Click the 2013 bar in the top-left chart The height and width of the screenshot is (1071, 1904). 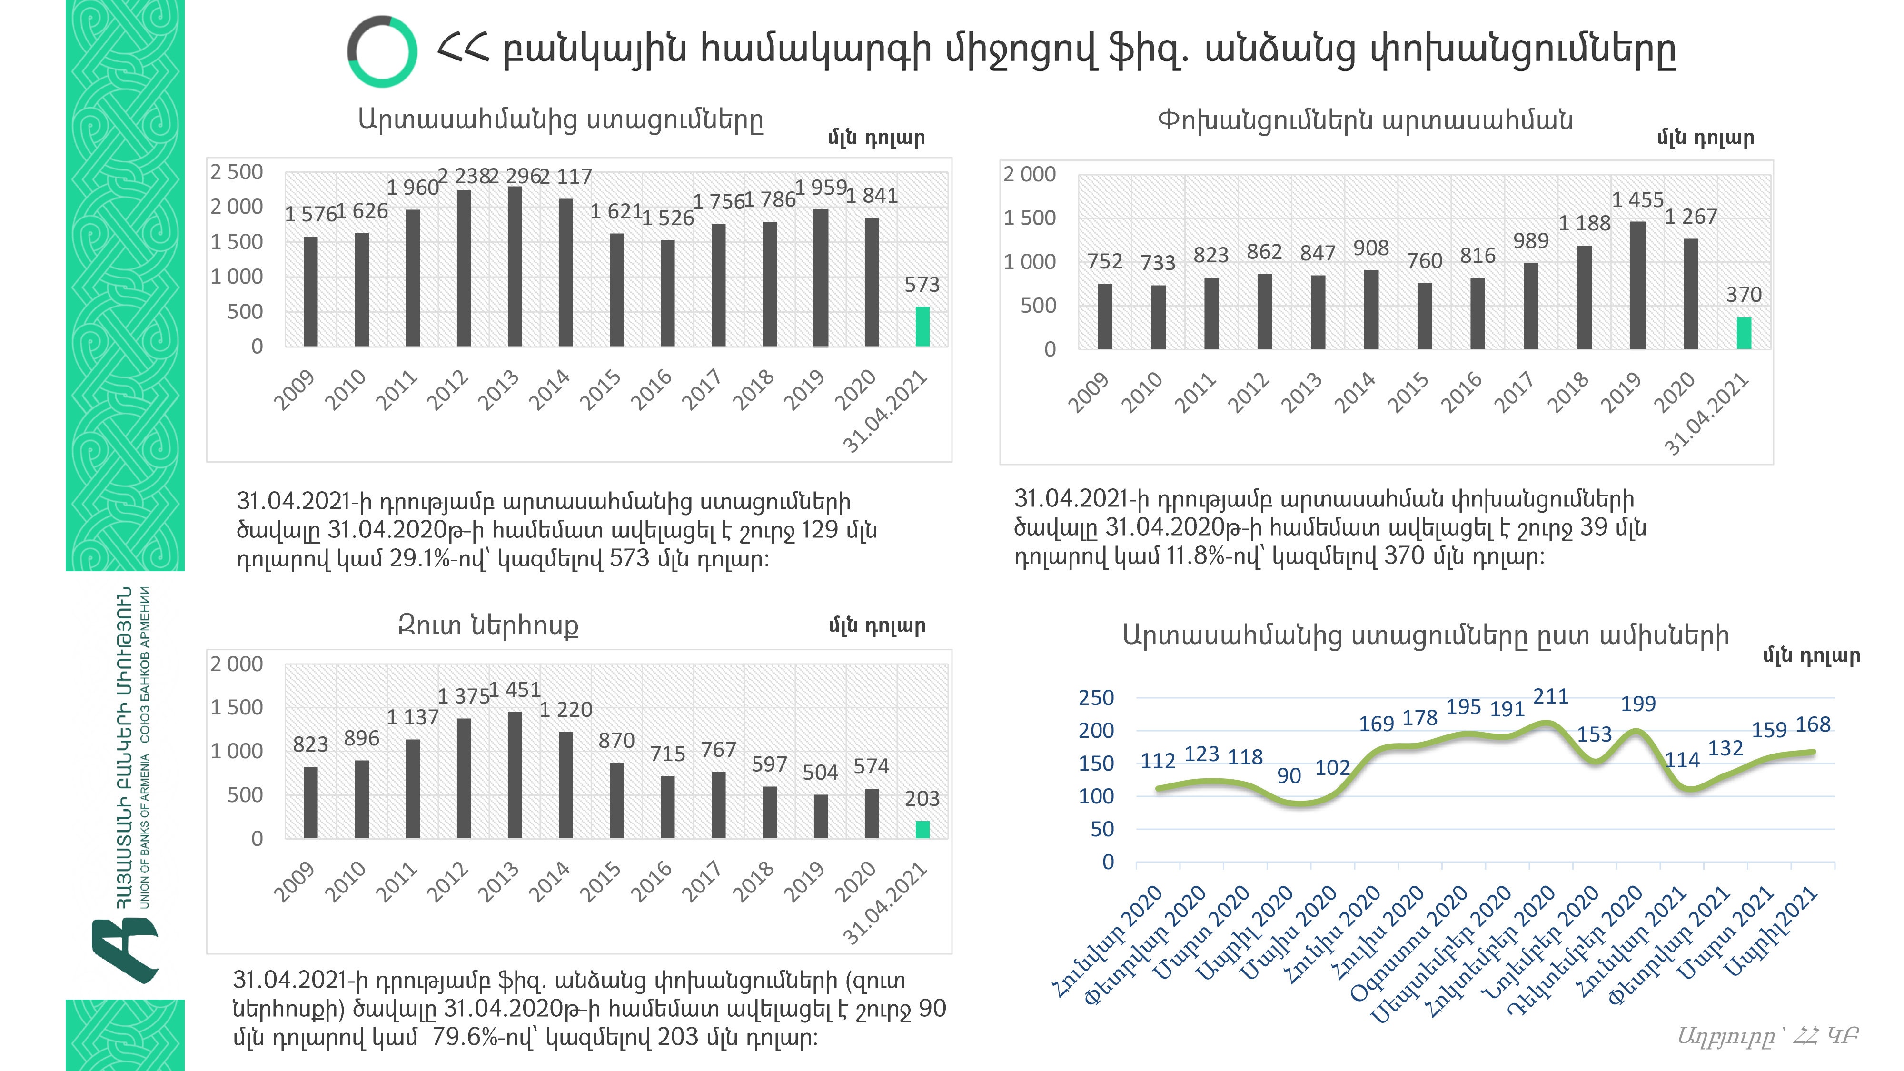tap(515, 266)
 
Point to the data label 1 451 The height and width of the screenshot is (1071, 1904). tap(515, 690)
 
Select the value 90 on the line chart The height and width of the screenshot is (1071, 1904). tap(1289, 775)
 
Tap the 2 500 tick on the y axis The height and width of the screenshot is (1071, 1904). tap(237, 172)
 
